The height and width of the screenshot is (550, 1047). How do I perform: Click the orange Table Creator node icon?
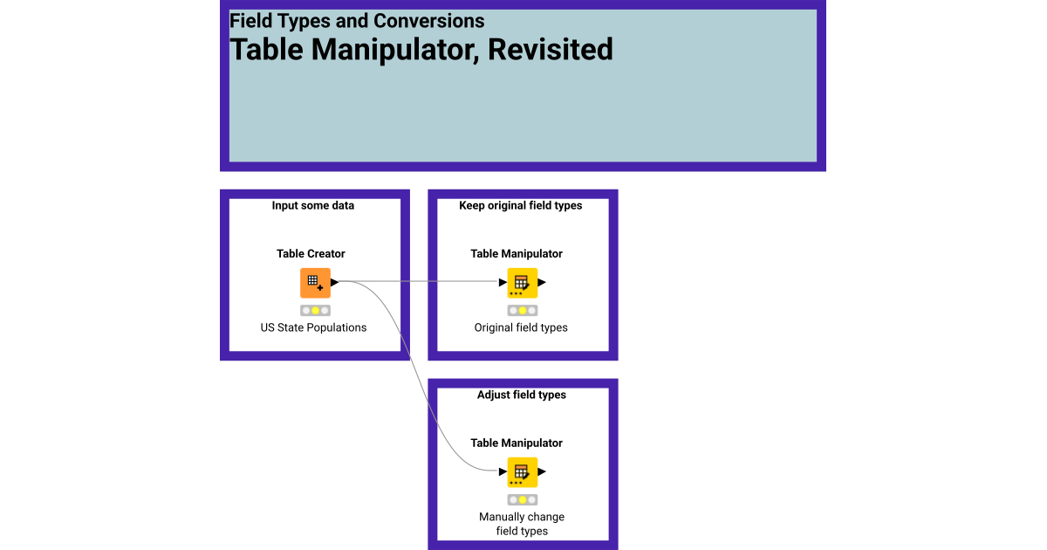pyautogui.click(x=315, y=283)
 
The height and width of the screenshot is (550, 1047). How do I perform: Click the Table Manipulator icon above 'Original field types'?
pyautogui.click(x=522, y=283)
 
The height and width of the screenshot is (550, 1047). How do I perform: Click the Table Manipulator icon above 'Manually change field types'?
pyautogui.click(x=522, y=472)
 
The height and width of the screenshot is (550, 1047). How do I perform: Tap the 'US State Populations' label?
pyautogui.click(x=313, y=328)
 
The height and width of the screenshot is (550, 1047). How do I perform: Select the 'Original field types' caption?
pyautogui.click(x=521, y=328)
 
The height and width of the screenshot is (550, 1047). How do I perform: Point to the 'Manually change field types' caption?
pyautogui.click(x=522, y=524)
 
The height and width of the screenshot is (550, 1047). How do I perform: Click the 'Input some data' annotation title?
pyautogui.click(x=313, y=206)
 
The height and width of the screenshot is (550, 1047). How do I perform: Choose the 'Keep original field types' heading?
pyautogui.click(x=521, y=206)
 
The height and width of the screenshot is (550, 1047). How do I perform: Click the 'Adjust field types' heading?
pyautogui.click(x=522, y=395)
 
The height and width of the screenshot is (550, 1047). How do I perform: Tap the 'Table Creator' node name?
pyautogui.click(x=311, y=254)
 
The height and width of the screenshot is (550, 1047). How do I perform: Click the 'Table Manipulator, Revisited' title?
pyautogui.click(x=421, y=50)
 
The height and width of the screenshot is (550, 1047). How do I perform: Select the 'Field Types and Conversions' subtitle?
pyautogui.click(x=357, y=21)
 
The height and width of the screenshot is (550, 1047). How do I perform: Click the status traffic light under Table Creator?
pyautogui.click(x=315, y=310)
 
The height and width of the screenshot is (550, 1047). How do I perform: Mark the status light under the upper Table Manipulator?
pyautogui.click(x=522, y=310)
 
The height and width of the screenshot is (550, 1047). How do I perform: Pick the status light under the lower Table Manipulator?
pyautogui.click(x=522, y=499)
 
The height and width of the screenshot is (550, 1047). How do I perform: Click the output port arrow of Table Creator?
pyautogui.click(x=335, y=283)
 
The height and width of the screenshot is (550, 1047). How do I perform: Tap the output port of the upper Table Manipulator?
pyautogui.click(x=542, y=283)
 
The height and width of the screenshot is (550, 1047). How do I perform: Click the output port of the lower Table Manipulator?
pyautogui.click(x=542, y=472)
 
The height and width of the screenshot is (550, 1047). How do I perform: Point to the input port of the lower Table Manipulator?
pyautogui.click(x=503, y=472)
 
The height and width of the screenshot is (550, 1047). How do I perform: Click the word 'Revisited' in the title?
pyautogui.click(x=550, y=50)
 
